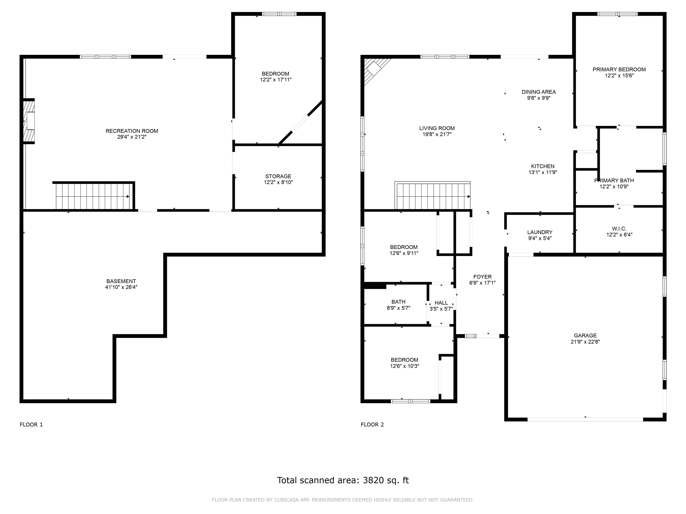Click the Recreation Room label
pyautogui.click(x=132, y=131)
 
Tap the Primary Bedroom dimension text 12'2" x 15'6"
pyautogui.click(x=619, y=75)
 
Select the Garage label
pyautogui.click(x=585, y=336)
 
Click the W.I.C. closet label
pyautogui.click(x=619, y=229)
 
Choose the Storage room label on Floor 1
pyautogui.click(x=278, y=176)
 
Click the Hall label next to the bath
pyautogui.click(x=441, y=303)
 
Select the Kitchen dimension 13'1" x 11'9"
pyautogui.click(x=543, y=172)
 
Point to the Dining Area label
pyautogui.click(x=539, y=92)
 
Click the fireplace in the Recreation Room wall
pyautogui.click(x=29, y=121)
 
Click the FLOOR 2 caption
pyautogui.click(x=372, y=425)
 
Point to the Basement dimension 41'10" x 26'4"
pyautogui.click(x=121, y=287)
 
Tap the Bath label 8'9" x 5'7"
pyautogui.click(x=399, y=305)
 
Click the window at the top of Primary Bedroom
pyautogui.click(x=617, y=14)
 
